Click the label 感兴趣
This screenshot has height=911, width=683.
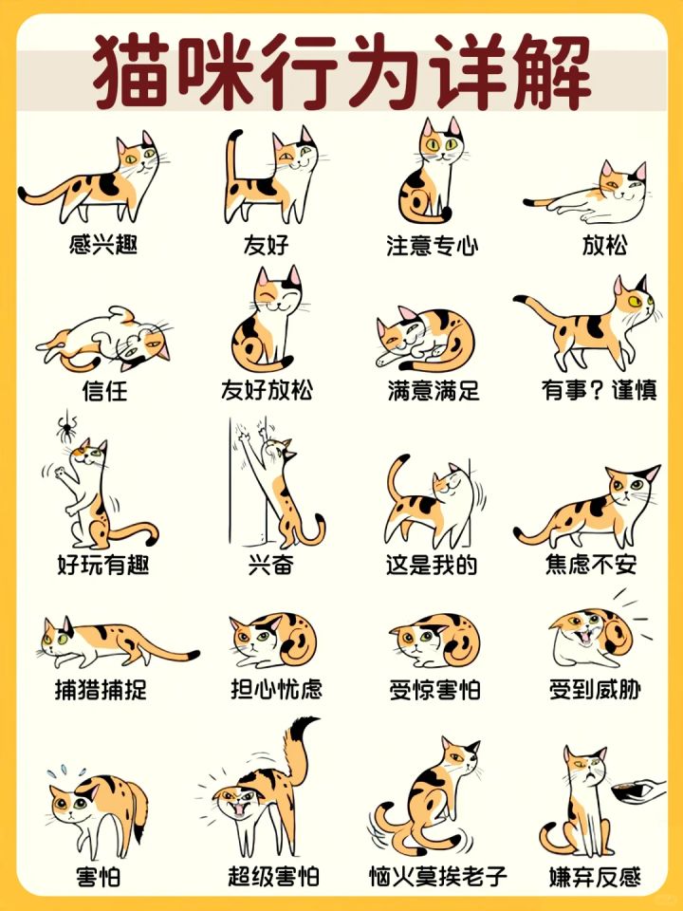click(102, 244)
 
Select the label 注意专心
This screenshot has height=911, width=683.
click(433, 245)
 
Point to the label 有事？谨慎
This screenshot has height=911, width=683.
click(600, 390)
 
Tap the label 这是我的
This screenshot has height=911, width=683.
click(433, 564)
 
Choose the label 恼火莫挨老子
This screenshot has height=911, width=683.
click(438, 876)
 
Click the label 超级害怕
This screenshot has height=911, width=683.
click(273, 876)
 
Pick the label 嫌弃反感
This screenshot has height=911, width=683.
click(596, 877)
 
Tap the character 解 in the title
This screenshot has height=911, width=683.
click(552, 71)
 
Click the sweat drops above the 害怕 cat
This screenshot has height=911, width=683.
click(65, 772)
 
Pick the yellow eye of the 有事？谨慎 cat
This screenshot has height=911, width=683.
click(635, 301)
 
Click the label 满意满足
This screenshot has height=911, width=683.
click(434, 390)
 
